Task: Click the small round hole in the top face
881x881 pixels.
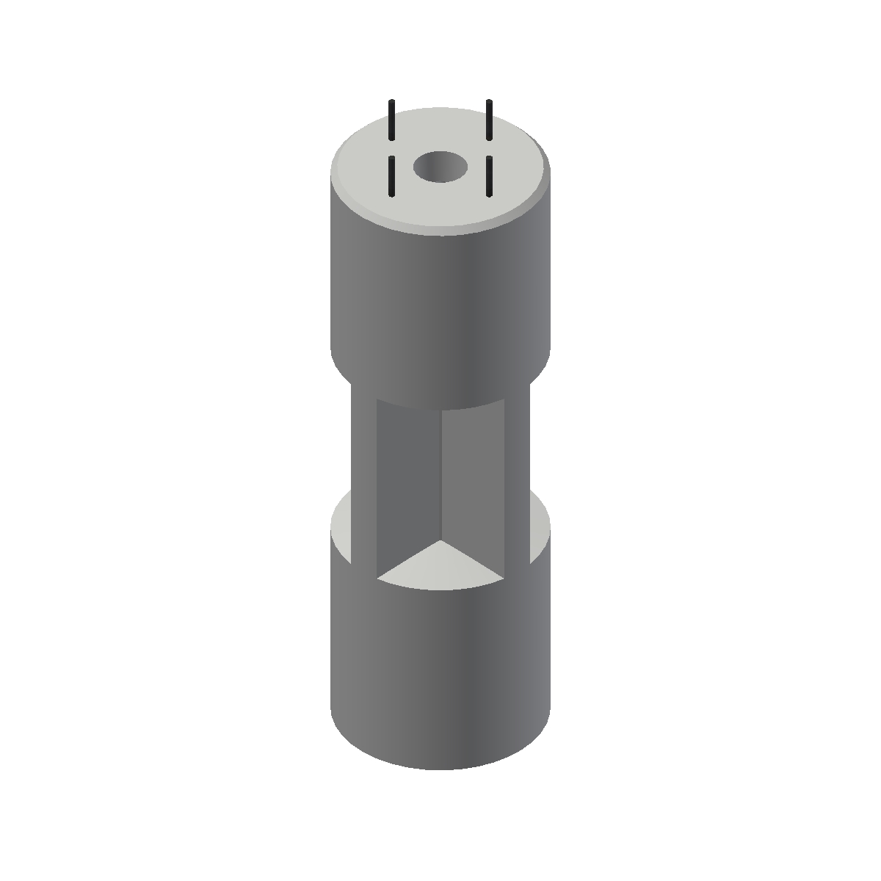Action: (440, 167)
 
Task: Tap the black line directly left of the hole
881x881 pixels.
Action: (392, 176)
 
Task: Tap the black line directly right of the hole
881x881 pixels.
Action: (489, 176)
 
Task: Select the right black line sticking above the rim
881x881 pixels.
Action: (489, 120)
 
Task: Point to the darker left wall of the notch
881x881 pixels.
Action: (408, 485)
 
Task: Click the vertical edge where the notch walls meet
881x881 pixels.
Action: (440, 477)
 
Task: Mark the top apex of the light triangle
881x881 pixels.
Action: (440, 543)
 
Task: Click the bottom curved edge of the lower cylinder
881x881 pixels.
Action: (440, 768)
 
